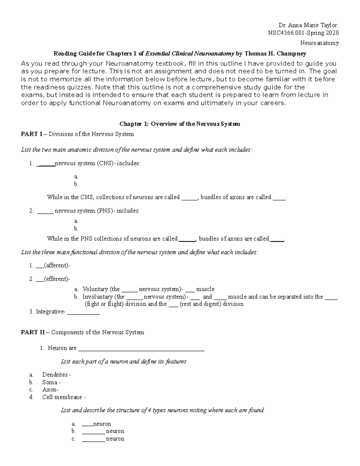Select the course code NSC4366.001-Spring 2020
pyautogui.click(x=303, y=33)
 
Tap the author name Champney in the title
pyautogui.click(x=292, y=54)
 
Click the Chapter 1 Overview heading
pyautogui.click(x=180, y=124)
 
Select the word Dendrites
pyautogui.click(x=55, y=374)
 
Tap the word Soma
pyautogui.click(x=50, y=382)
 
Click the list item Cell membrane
pyautogui.click(x=62, y=397)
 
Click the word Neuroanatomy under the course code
pyautogui.click(x=319, y=43)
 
